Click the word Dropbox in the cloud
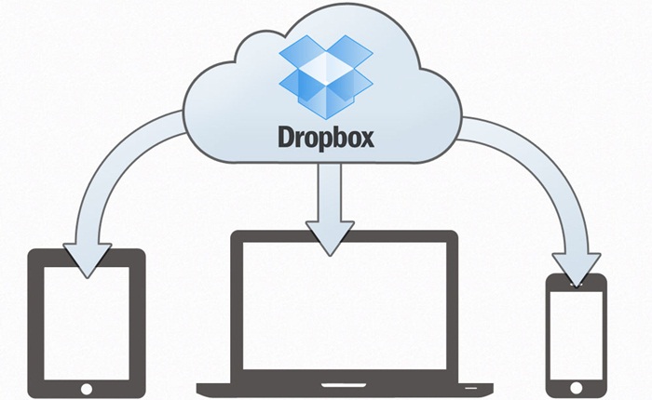point(326,139)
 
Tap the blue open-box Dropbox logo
point(326,76)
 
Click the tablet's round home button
point(87,389)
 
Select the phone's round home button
point(576,388)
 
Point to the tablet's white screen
point(87,323)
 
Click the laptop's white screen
point(345,305)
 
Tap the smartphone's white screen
point(577,335)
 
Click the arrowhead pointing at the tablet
point(88,260)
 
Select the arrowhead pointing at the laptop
point(330,237)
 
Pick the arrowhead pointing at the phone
point(577,268)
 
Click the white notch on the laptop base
point(344,385)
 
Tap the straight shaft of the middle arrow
point(330,193)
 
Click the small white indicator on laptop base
point(471,388)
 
